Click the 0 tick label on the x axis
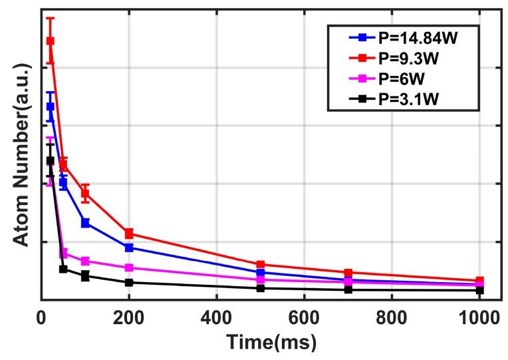tap(41, 316)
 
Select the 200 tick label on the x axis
tap(128, 316)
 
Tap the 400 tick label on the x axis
tap(216, 316)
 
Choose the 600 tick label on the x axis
tap(304, 316)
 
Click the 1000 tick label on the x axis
tap(479, 316)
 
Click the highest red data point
tap(50, 41)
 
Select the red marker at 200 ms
tap(129, 233)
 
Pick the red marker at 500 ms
tap(261, 265)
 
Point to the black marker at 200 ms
tap(129, 282)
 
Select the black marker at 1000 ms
tap(479, 290)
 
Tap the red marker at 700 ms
tap(348, 273)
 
